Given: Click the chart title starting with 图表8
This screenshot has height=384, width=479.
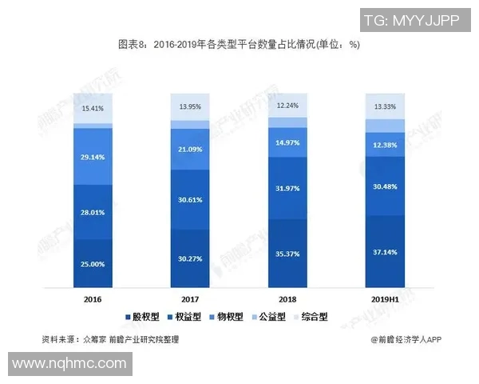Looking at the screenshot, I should (239, 45).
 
